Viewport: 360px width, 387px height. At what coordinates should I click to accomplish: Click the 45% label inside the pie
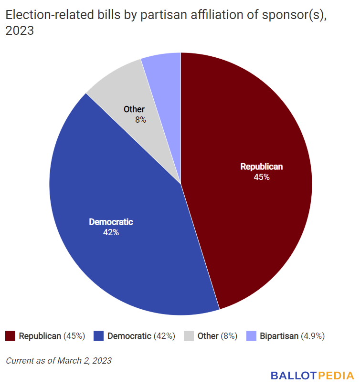point(262,177)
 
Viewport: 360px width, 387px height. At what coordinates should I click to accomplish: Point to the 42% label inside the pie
point(111,232)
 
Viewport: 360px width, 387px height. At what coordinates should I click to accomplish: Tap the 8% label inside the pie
point(140,120)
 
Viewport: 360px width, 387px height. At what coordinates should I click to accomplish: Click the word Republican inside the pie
point(262,167)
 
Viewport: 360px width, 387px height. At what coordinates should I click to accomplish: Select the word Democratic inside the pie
point(111,222)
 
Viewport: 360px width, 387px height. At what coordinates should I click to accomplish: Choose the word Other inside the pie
point(134,109)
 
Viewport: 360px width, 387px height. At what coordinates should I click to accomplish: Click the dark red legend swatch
point(11,336)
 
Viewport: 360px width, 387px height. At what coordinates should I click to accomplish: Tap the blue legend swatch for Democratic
point(99,336)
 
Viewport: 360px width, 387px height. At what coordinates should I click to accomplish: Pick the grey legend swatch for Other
point(189,336)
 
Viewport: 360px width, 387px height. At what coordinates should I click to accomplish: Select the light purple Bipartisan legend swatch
point(252,336)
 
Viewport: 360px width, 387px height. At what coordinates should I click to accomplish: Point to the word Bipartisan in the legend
point(279,336)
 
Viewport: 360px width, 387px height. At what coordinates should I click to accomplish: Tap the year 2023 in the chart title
point(20,31)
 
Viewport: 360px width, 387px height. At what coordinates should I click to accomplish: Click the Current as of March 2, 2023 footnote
point(59,360)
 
